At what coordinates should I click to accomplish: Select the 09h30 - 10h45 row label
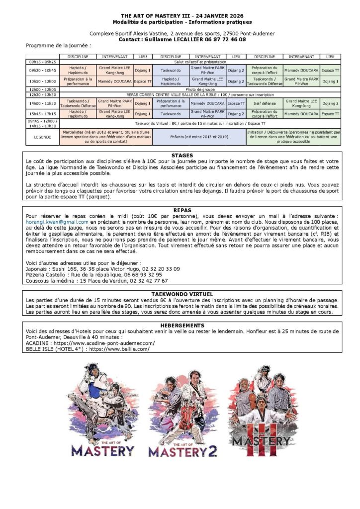tap(42, 71)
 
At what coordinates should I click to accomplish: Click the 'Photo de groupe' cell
tap(200, 89)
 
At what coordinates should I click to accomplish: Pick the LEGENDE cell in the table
tap(42, 137)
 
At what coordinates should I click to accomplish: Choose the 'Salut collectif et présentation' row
tap(200, 62)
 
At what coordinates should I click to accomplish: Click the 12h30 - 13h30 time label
tap(42, 93)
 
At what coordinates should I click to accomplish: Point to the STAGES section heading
tap(182, 155)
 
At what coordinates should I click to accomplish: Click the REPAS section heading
tap(182, 210)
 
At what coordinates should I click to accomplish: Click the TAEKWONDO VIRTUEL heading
tap(182, 294)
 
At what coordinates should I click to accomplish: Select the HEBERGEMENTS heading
tap(182, 325)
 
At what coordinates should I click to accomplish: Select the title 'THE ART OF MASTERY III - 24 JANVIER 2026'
tap(182, 16)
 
